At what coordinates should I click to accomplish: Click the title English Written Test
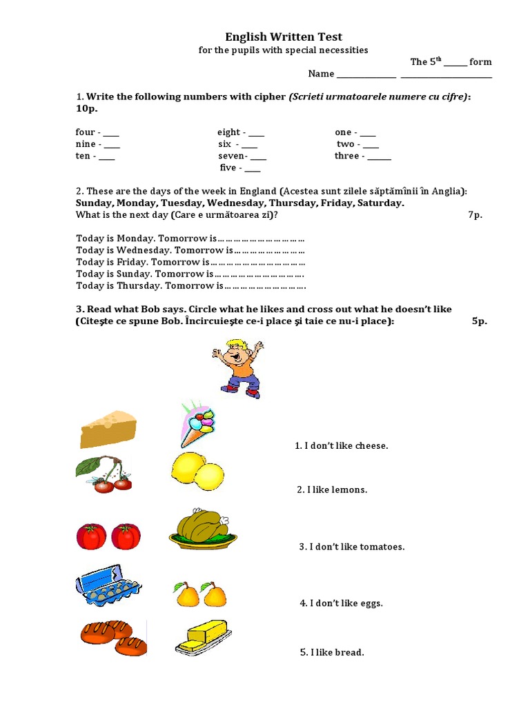tap(284, 37)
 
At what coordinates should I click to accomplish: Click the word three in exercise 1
tap(347, 156)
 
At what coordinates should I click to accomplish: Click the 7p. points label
tap(475, 215)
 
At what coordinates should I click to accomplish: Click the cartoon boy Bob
tap(237, 368)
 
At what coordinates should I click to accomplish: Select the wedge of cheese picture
tap(108, 429)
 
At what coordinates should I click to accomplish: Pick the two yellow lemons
tap(197, 473)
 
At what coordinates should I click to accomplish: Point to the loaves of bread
tap(113, 637)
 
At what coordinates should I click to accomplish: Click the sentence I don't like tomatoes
tap(352, 547)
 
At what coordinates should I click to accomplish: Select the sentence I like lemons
tap(332, 490)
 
